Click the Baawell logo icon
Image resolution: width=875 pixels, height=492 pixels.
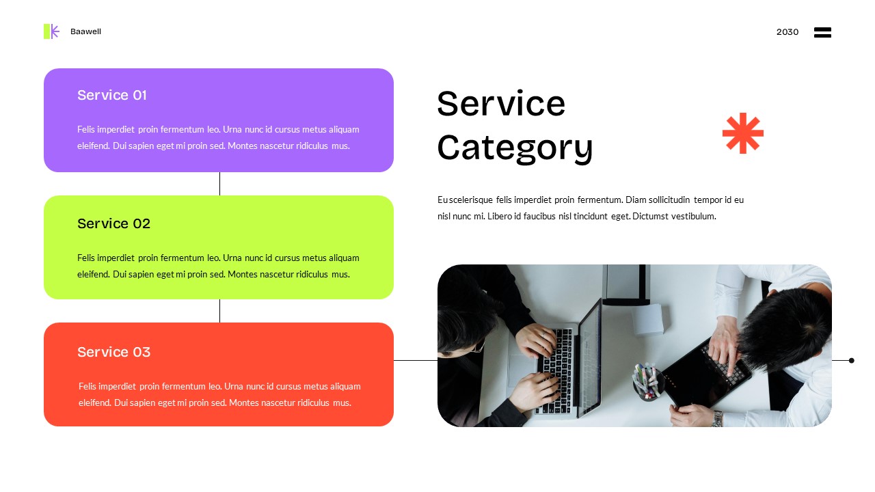click(51, 31)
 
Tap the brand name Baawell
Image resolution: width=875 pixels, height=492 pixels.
click(85, 32)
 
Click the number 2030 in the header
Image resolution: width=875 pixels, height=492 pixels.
click(787, 32)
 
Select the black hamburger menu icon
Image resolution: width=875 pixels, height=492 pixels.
click(822, 32)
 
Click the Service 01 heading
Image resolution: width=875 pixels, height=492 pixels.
click(112, 95)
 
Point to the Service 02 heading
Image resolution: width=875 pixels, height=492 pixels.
click(113, 223)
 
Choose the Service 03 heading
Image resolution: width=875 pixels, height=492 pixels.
click(113, 352)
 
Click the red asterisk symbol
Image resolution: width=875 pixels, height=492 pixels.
click(742, 133)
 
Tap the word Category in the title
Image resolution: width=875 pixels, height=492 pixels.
click(515, 147)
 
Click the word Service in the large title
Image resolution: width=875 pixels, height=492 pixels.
click(501, 104)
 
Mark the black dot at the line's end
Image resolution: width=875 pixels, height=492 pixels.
click(851, 360)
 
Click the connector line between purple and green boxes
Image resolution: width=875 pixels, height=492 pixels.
click(219, 184)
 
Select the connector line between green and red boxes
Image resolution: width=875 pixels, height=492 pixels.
click(219, 311)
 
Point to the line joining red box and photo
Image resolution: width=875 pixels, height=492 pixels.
click(415, 360)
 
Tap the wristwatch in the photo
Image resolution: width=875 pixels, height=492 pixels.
click(716, 418)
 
